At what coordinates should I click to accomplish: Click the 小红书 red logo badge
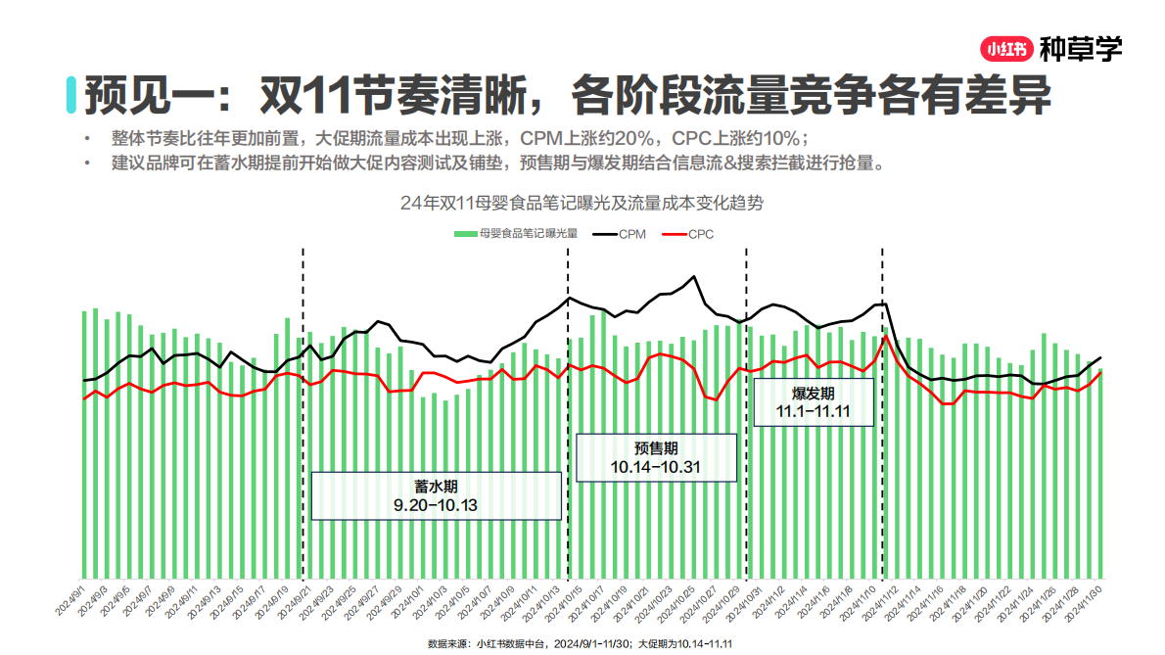point(1005,47)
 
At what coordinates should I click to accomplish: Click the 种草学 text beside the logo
point(1080,47)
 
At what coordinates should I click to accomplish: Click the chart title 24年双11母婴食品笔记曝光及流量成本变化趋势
point(582,204)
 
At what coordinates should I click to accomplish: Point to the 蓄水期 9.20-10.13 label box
point(436,495)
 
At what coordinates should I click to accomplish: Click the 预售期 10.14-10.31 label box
point(655,457)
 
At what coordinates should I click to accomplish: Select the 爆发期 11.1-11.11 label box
point(812,401)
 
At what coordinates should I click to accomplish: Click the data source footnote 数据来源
point(581,644)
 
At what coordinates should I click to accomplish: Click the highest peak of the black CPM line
point(697,277)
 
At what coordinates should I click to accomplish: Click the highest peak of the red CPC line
point(885,337)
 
